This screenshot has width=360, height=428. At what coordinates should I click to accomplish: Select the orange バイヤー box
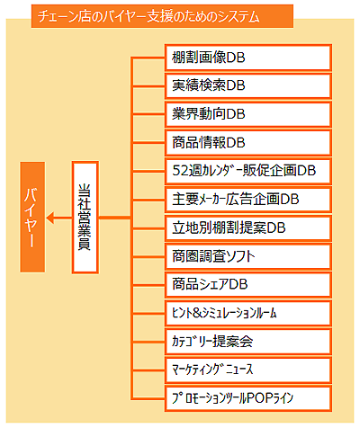tap(32, 217)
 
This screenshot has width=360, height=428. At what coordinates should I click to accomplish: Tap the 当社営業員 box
tap(85, 218)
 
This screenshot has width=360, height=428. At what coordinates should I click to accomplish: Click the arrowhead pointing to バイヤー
tap(49, 218)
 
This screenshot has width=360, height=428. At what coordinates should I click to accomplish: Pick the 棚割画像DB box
tap(248, 58)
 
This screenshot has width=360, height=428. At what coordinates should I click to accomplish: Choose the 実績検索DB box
tap(248, 85)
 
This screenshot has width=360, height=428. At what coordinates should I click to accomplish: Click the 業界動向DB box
tap(248, 114)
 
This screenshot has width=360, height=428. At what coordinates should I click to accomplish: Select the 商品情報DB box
tap(248, 143)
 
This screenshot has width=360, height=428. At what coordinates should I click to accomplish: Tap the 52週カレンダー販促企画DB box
tap(248, 171)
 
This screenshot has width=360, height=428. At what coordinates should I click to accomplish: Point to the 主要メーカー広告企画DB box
tap(248, 200)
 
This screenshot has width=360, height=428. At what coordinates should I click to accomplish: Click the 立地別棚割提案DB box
tap(248, 227)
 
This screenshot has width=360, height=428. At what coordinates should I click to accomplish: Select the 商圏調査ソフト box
tap(248, 256)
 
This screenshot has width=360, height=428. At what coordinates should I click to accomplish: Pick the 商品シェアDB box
tap(248, 284)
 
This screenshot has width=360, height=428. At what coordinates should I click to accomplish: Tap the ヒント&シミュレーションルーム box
tap(248, 313)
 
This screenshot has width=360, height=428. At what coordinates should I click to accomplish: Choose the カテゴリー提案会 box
tap(248, 342)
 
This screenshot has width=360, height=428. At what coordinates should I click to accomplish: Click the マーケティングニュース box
tap(248, 370)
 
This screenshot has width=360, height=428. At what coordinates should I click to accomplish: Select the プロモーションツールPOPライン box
tap(248, 398)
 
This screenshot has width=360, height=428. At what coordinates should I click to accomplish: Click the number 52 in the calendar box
tap(180, 171)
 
